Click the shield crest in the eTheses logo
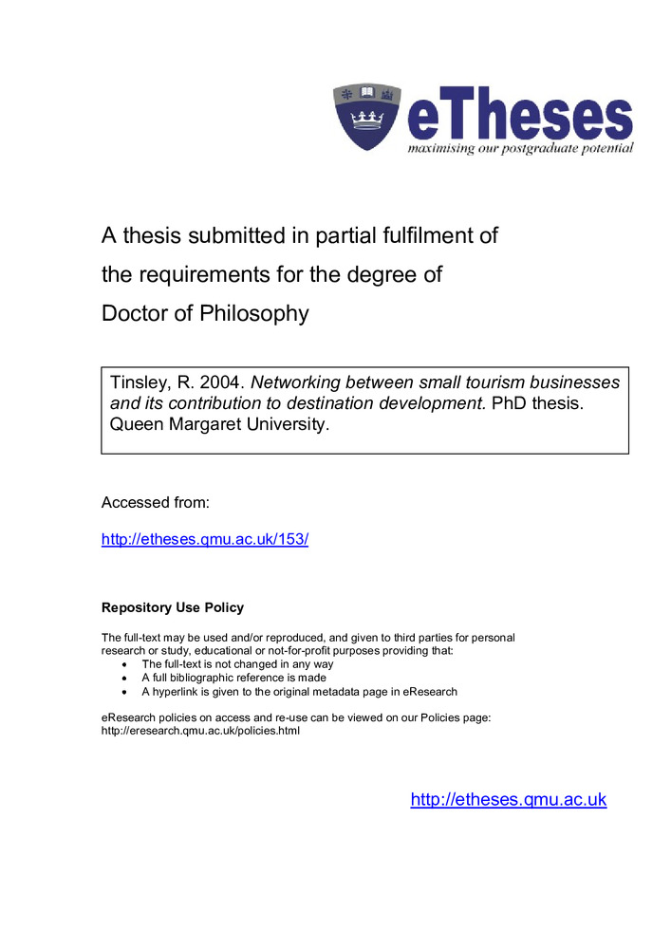(368, 117)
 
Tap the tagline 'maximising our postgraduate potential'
(520, 149)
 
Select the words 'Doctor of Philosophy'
(205, 314)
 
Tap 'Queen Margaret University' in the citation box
(220, 424)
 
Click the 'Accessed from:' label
(155, 502)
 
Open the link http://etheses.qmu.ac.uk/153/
(205, 539)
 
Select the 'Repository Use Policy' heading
(173, 607)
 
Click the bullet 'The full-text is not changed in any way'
(237, 664)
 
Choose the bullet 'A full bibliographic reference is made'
(233, 679)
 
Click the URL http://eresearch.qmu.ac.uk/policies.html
(200, 731)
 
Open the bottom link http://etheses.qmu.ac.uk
(508, 799)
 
